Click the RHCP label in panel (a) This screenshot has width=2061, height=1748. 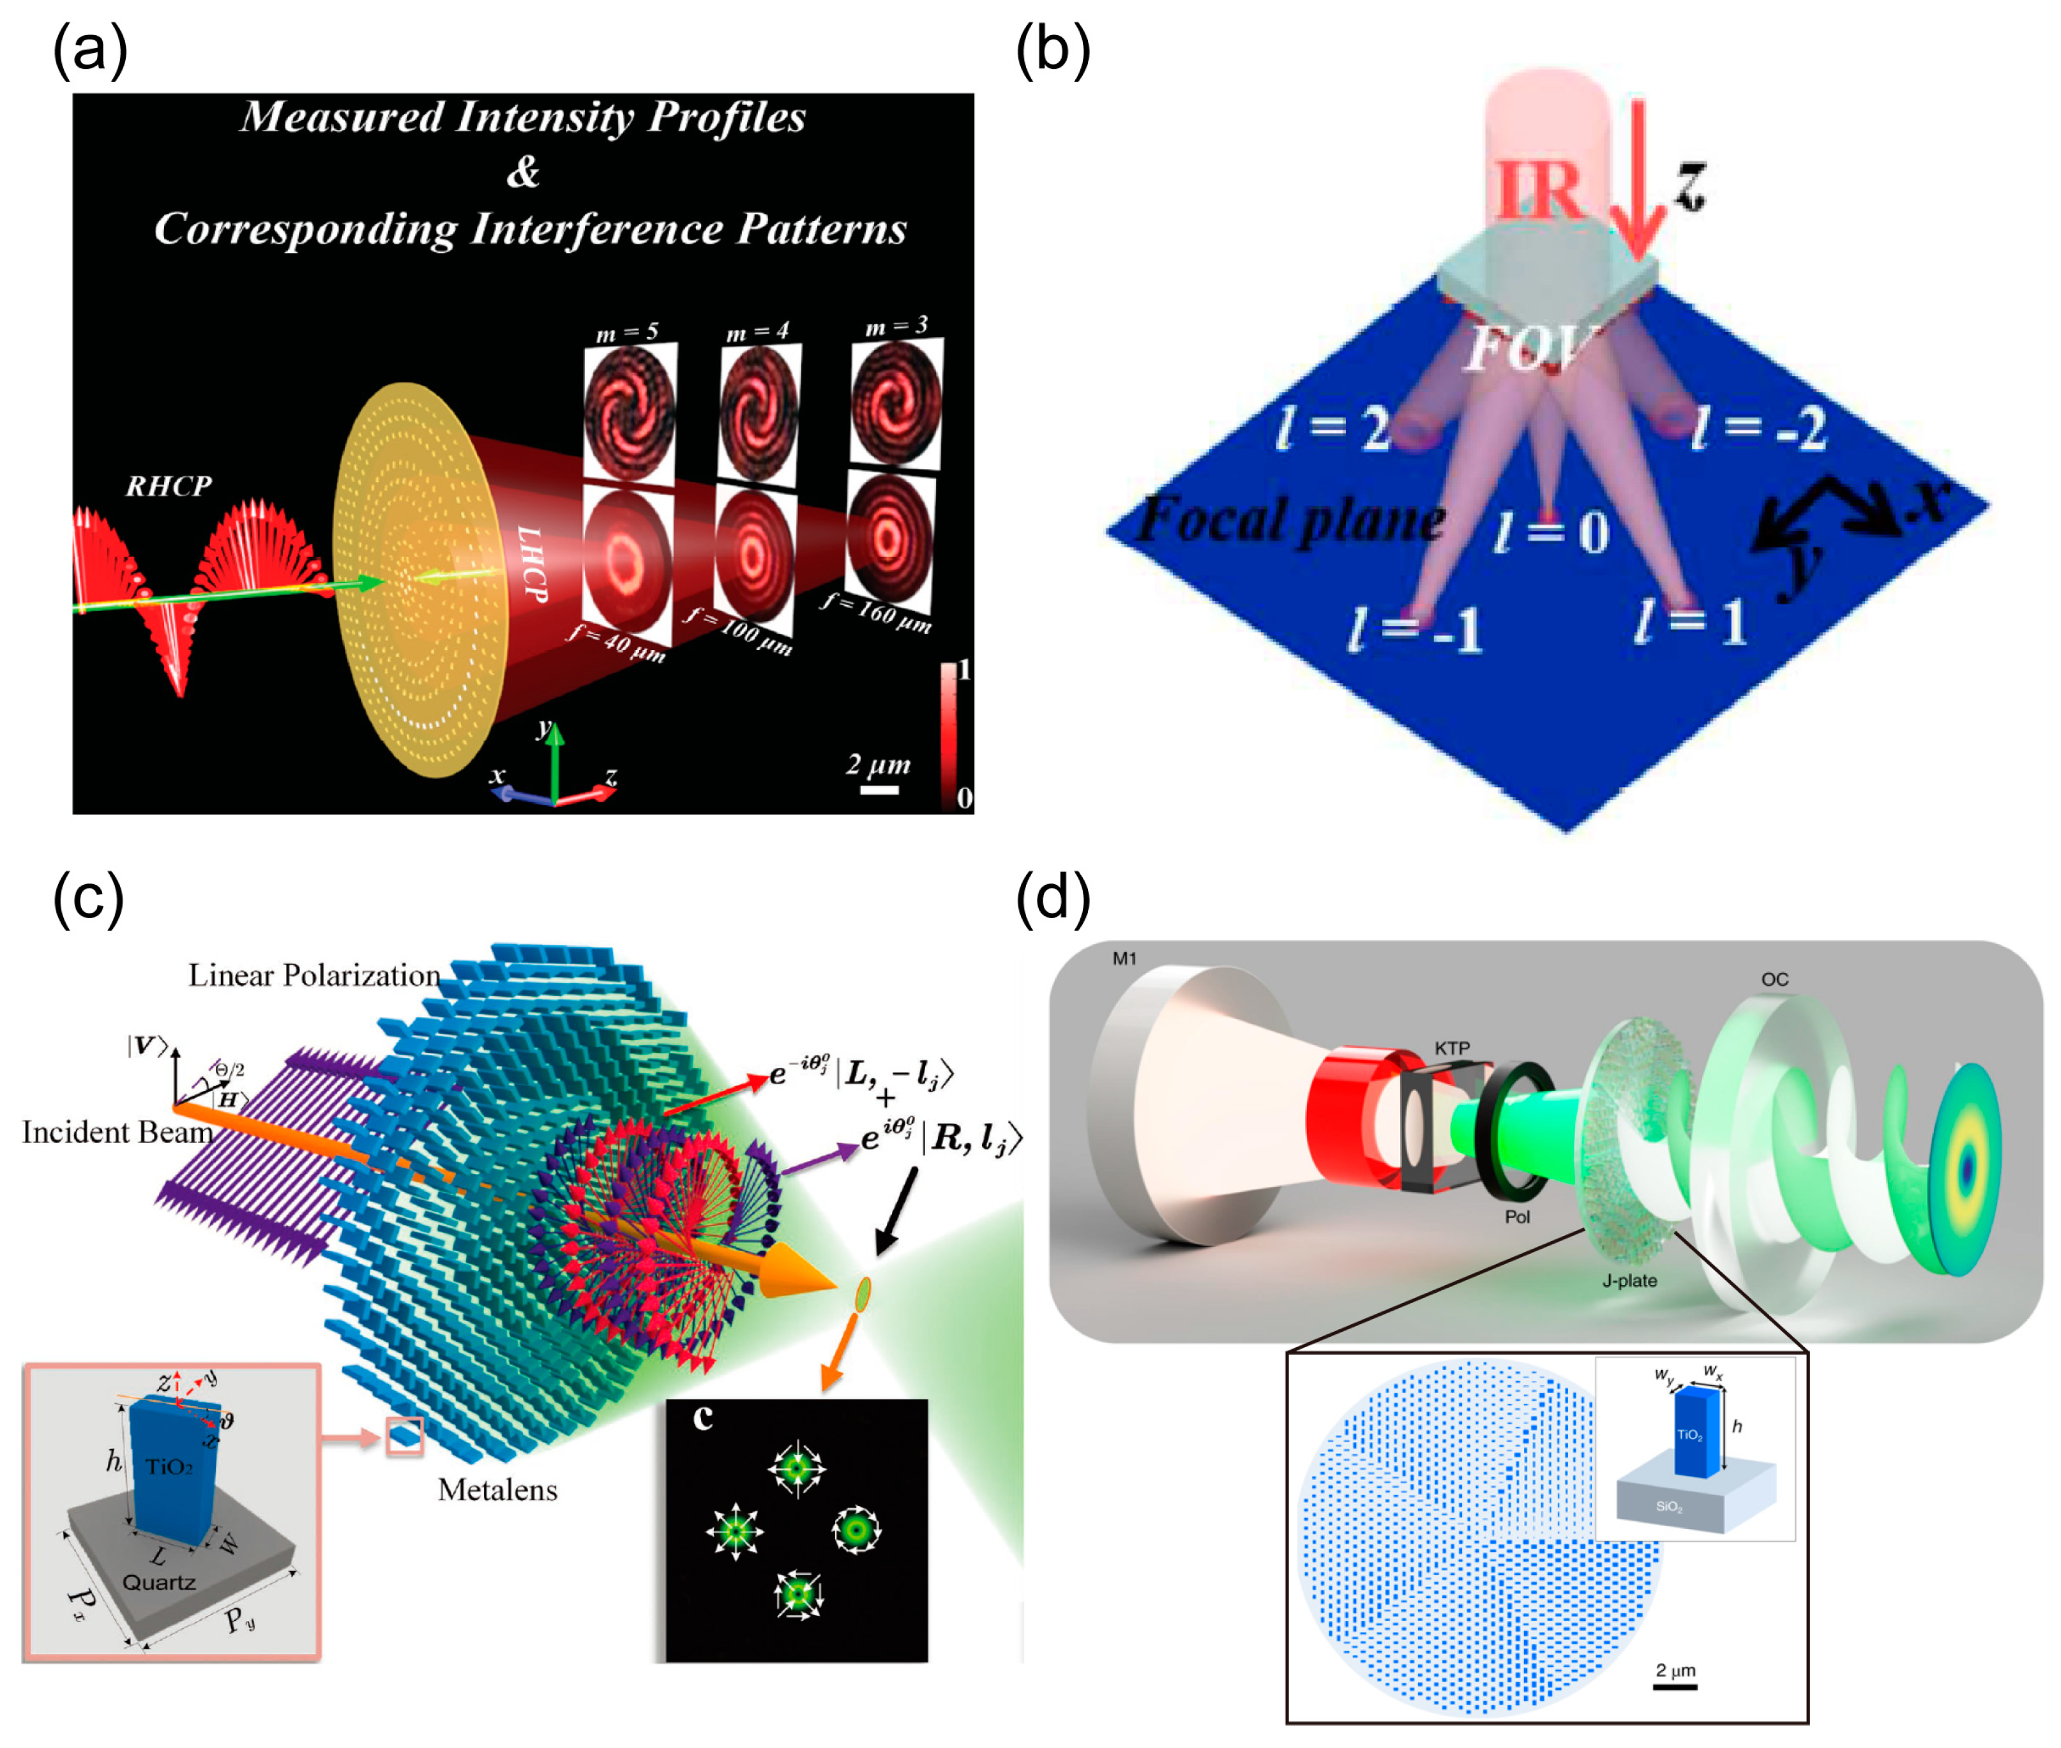click(169, 486)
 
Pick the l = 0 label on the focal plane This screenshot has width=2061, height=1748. click(1551, 532)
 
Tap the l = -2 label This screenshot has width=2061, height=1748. click(1759, 428)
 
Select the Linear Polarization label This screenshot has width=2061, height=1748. click(314, 975)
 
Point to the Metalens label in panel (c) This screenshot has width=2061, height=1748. click(497, 1489)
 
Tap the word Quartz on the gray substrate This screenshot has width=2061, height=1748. click(158, 1581)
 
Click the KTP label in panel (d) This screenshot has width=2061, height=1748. click(1452, 1048)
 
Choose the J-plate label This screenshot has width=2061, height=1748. click(1629, 1280)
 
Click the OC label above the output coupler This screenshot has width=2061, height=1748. click(1774, 979)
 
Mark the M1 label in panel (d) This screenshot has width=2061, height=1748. click(1124, 958)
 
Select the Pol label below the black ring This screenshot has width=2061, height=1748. click(1517, 1217)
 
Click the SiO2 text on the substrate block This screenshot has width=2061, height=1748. click(1668, 1507)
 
